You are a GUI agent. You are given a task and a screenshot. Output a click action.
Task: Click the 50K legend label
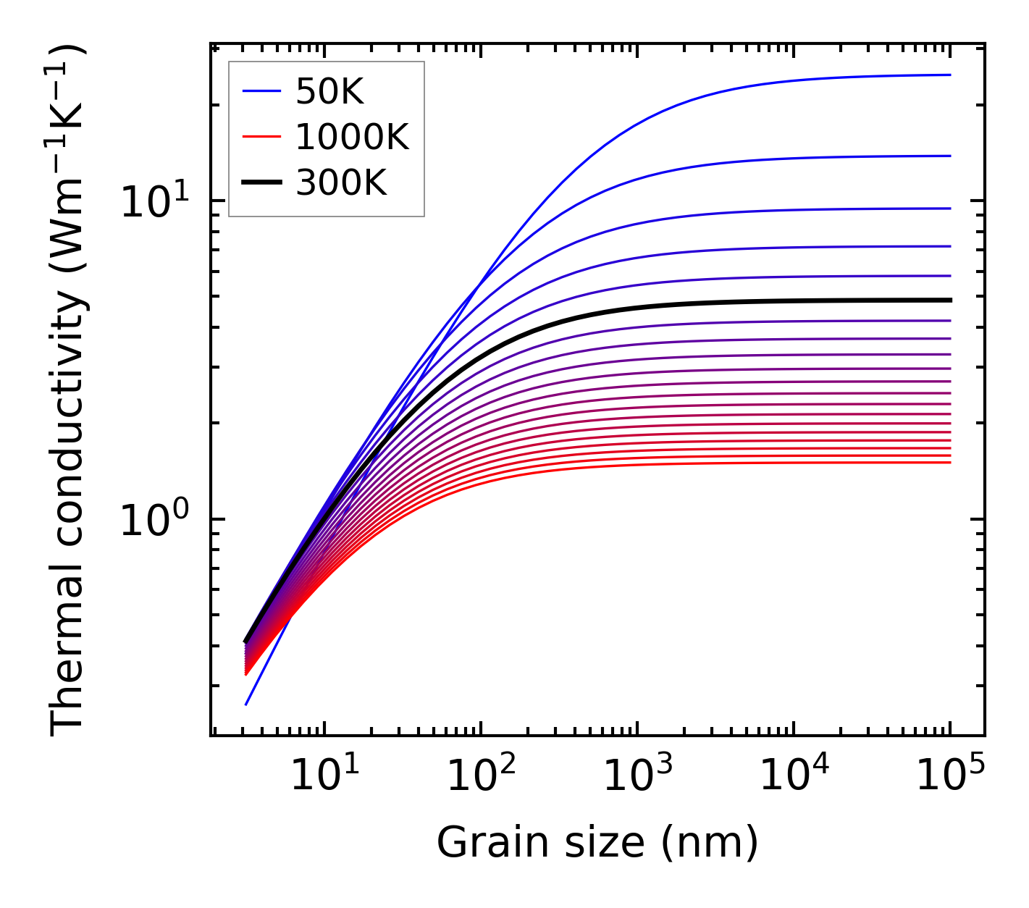pyautogui.click(x=329, y=91)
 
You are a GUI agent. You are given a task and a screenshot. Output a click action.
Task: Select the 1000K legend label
pyautogui.click(x=352, y=137)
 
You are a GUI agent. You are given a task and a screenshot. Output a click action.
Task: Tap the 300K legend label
pyautogui.click(x=341, y=183)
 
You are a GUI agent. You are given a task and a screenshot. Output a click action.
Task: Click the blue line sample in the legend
pyautogui.click(x=261, y=91)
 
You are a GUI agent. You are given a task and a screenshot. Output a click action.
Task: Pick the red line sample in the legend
pyautogui.click(x=261, y=137)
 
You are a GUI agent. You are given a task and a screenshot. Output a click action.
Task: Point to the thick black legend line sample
pyautogui.click(x=261, y=183)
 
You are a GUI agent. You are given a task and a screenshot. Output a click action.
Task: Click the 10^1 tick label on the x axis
pyautogui.click(x=324, y=775)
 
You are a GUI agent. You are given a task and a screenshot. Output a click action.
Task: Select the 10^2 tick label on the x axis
pyautogui.click(x=480, y=775)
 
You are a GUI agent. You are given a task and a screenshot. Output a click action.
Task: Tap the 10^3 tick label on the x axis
pyautogui.click(x=637, y=775)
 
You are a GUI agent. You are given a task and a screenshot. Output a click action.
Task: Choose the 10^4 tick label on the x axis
pyautogui.click(x=793, y=775)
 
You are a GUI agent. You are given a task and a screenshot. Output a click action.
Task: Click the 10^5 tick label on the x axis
pyautogui.click(x=949, y=775)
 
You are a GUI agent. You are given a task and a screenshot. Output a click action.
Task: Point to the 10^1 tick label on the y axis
pyautogui.click(x=153, y=202)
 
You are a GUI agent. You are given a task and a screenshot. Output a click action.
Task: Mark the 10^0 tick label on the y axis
pyautogui.click(x=153, y=521)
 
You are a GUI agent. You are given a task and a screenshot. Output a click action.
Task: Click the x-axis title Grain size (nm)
pyautogui.click(x=597, y=843)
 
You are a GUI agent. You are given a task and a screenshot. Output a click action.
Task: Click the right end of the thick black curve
pyautogui.click(x=949, y=300)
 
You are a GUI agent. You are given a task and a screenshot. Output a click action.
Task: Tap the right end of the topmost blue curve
pyautogui.click(x=949, y=75)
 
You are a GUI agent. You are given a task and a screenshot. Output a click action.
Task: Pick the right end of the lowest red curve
pyautogui.click(x=949, y=463)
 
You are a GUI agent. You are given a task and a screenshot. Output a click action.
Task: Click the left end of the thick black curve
pyautogui.click(x=246, y=642)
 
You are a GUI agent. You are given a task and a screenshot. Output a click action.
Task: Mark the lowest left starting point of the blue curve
pyautogui.click(x=246, y=705)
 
